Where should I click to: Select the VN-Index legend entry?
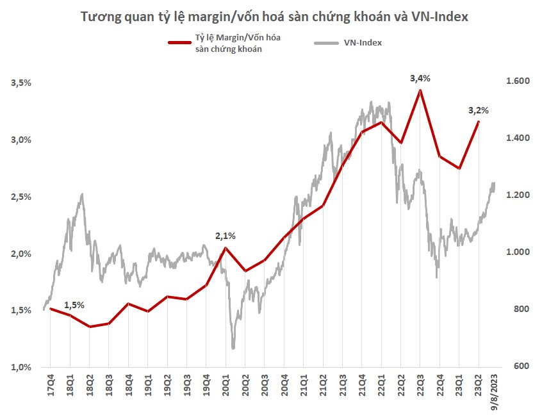click(359, 43)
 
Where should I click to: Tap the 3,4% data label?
click(420, 78)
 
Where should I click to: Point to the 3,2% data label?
click(478, 110)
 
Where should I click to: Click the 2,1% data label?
click(226, 236)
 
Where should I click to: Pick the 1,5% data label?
click(74, 305)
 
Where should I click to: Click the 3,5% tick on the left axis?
click(21, 83)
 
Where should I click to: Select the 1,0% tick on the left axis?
click(21, 367)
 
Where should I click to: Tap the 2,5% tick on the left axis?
click(21, 197)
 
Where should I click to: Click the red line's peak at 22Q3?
click(420, 90)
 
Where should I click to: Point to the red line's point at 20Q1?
click(226, 248)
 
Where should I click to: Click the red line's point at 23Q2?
click(478, 122)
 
